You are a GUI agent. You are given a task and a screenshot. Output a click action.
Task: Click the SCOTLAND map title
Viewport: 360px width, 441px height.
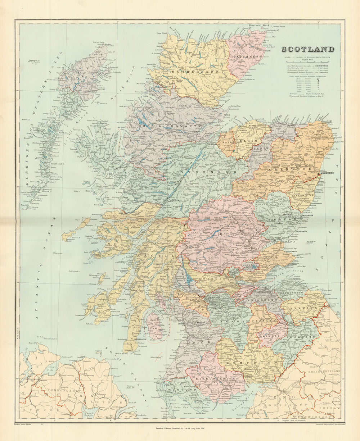click(307, 50)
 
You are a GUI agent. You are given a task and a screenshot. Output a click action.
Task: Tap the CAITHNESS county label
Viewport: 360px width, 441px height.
click(244, 57)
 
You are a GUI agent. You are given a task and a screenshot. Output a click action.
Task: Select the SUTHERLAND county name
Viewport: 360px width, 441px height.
click(190, 72)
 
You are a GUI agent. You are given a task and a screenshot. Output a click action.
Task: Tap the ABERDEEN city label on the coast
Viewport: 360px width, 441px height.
click(325, 173)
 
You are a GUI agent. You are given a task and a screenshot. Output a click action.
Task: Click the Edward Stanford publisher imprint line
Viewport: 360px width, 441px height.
click(180, 428)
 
